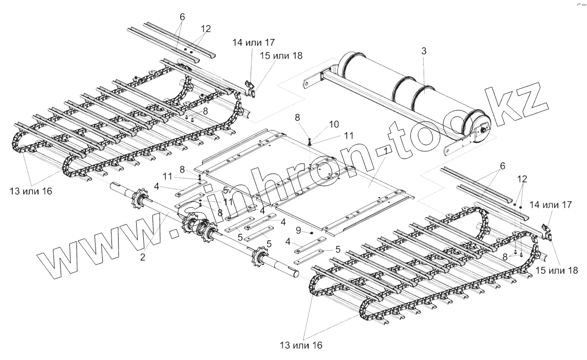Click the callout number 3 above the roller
tap(423, 51)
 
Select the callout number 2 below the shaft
tap(142, 257)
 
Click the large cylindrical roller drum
tap(411, 97)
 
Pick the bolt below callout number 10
tap(310, 141)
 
